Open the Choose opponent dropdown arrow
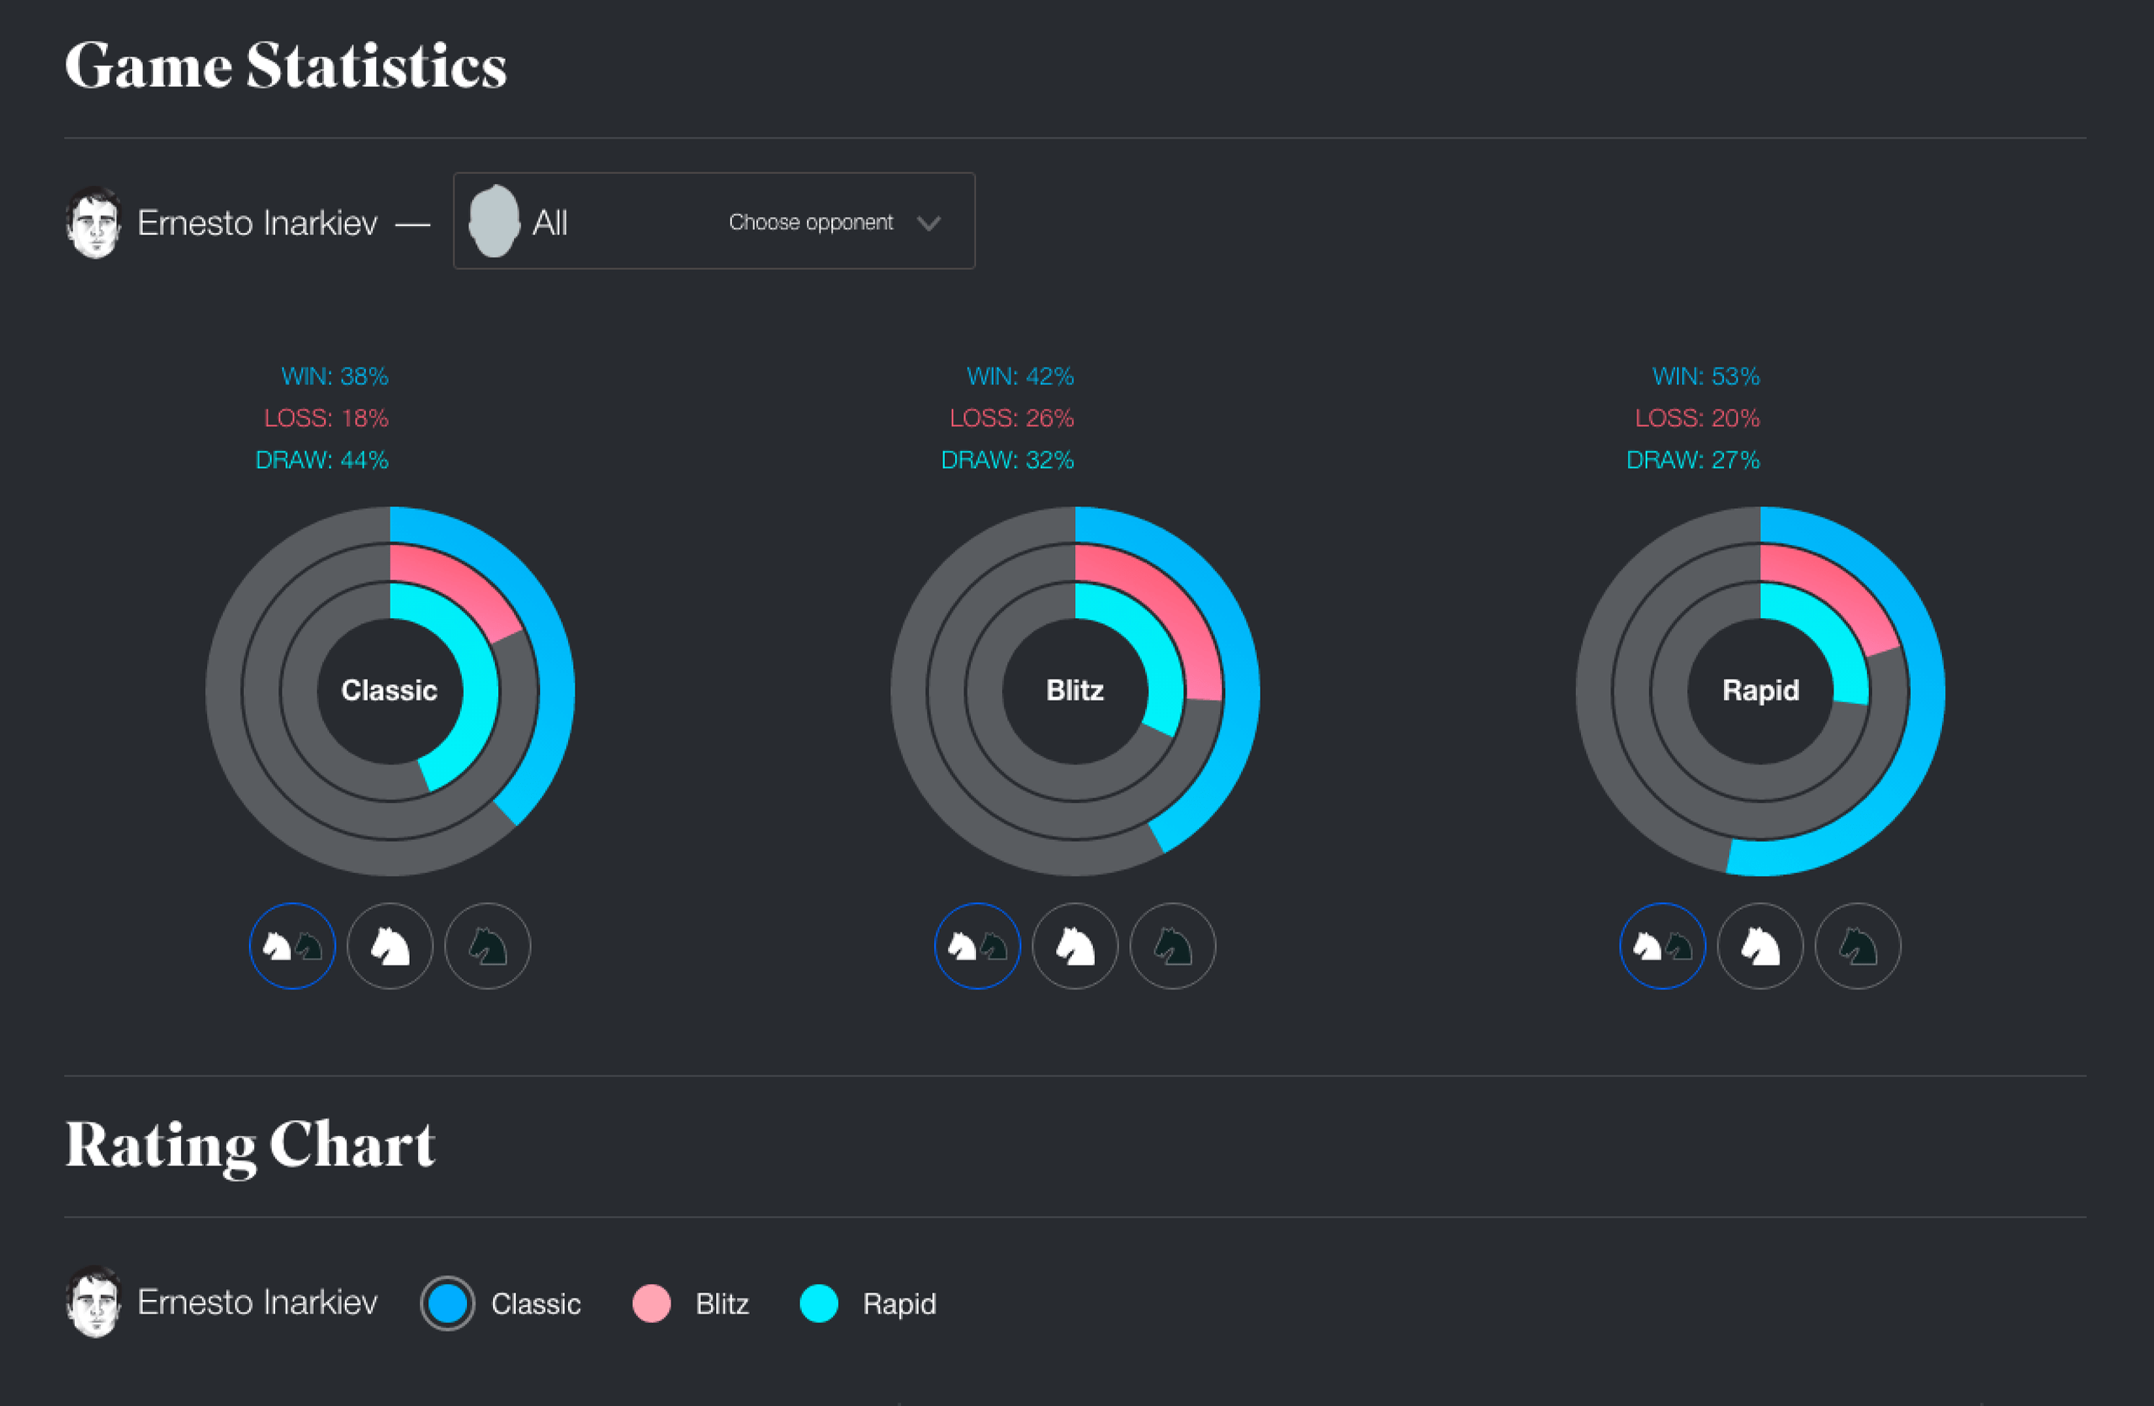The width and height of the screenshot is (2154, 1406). [x=929, y=223]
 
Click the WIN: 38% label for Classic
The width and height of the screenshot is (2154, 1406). [x=334, y=376]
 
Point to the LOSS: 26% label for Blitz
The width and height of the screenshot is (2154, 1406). [x=1011, y=418]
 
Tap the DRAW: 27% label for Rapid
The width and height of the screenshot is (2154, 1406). [x=1692, y=460]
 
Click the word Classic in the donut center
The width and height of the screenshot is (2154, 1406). [x=390, y=690]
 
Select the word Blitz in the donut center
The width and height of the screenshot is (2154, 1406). [x=1074, y=690]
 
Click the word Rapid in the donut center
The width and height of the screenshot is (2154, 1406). [x=1760, y=690]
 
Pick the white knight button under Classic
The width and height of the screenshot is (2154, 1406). [x=390, y=946]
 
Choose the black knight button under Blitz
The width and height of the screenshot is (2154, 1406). [x=1173, y=946]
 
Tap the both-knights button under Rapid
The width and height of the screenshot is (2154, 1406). [x=1663, y=946]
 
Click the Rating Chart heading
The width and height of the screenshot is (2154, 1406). [x=250, y=1144]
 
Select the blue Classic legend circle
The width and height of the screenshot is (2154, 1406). [x=447, y=1303]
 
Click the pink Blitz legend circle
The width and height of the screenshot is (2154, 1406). [x=651, y=1303]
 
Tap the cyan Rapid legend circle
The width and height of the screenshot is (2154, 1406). [x=819, y=1303]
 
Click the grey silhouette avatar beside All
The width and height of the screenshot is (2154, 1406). [x=494, y=222]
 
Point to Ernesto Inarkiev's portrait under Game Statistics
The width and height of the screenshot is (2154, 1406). [x=93, y=223]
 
